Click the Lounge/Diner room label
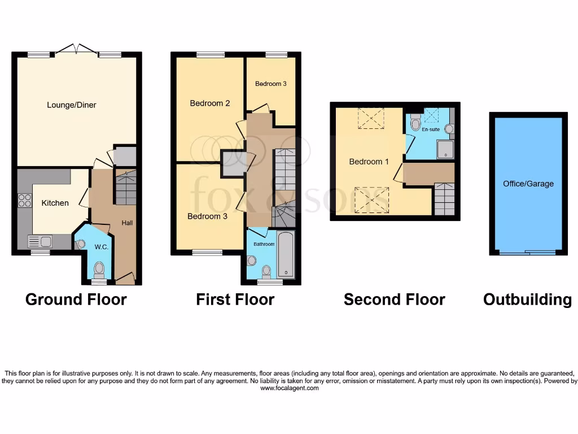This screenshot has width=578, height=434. (x=72, y=105)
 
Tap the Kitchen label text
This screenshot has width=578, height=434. (x=55, y=203)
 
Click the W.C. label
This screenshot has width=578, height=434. (x=102, y=247)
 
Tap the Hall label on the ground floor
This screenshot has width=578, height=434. (x=127, y=223)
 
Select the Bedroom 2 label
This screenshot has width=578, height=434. (x=209, y=103)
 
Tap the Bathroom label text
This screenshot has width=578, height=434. (x=264, y=244)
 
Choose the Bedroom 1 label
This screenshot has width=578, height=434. (x=369, y=162)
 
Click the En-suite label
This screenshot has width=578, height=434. (x=431, y=129)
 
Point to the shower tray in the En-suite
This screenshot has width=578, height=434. (x=445, y=149)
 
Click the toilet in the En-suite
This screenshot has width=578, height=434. (x=415, y=123)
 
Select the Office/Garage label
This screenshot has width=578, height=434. (x=528, y=184)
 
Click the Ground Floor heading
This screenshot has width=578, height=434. (x=76, y=300)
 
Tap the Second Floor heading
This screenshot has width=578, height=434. (x=394, y=300)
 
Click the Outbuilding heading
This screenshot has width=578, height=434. (x=527, y=300)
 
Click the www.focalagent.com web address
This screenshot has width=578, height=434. (x=289, y=388)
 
